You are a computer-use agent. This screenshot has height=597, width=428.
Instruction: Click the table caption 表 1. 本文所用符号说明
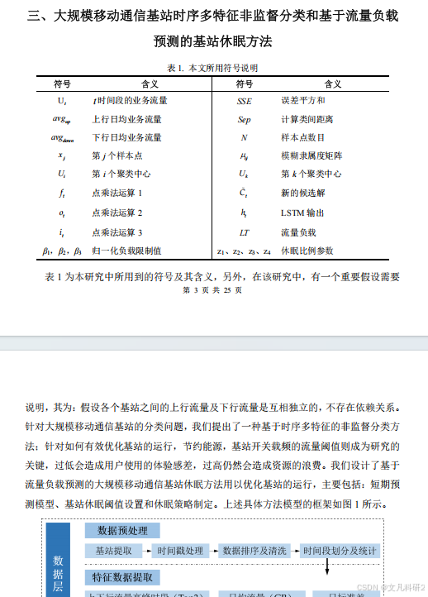click(x=213, y=68)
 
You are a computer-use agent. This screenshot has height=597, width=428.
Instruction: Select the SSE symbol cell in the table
click(x=244, y=100)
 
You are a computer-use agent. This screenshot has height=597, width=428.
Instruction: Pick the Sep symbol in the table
click(x=244, y=119)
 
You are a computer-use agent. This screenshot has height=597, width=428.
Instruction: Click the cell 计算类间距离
click(x=305, y=119)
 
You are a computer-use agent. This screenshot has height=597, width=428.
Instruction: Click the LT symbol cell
click(x=244, y=232)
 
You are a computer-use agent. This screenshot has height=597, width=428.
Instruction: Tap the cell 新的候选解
click(x=301, y=193)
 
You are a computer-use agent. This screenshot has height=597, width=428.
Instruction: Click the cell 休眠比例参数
click(x=307, y=251)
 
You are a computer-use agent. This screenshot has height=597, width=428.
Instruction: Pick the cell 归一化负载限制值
click(x=126, y=251)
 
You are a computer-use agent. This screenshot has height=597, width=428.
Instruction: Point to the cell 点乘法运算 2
click(x=117, y=213)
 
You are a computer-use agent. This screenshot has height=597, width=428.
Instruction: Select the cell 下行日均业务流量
click(x=126, y=137)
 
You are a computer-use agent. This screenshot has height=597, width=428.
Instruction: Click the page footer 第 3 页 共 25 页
click(x=212, y=290)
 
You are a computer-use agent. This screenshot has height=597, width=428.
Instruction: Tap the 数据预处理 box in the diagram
click(x=122, y=530)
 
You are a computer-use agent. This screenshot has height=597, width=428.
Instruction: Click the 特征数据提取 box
click(x=122, y=576)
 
